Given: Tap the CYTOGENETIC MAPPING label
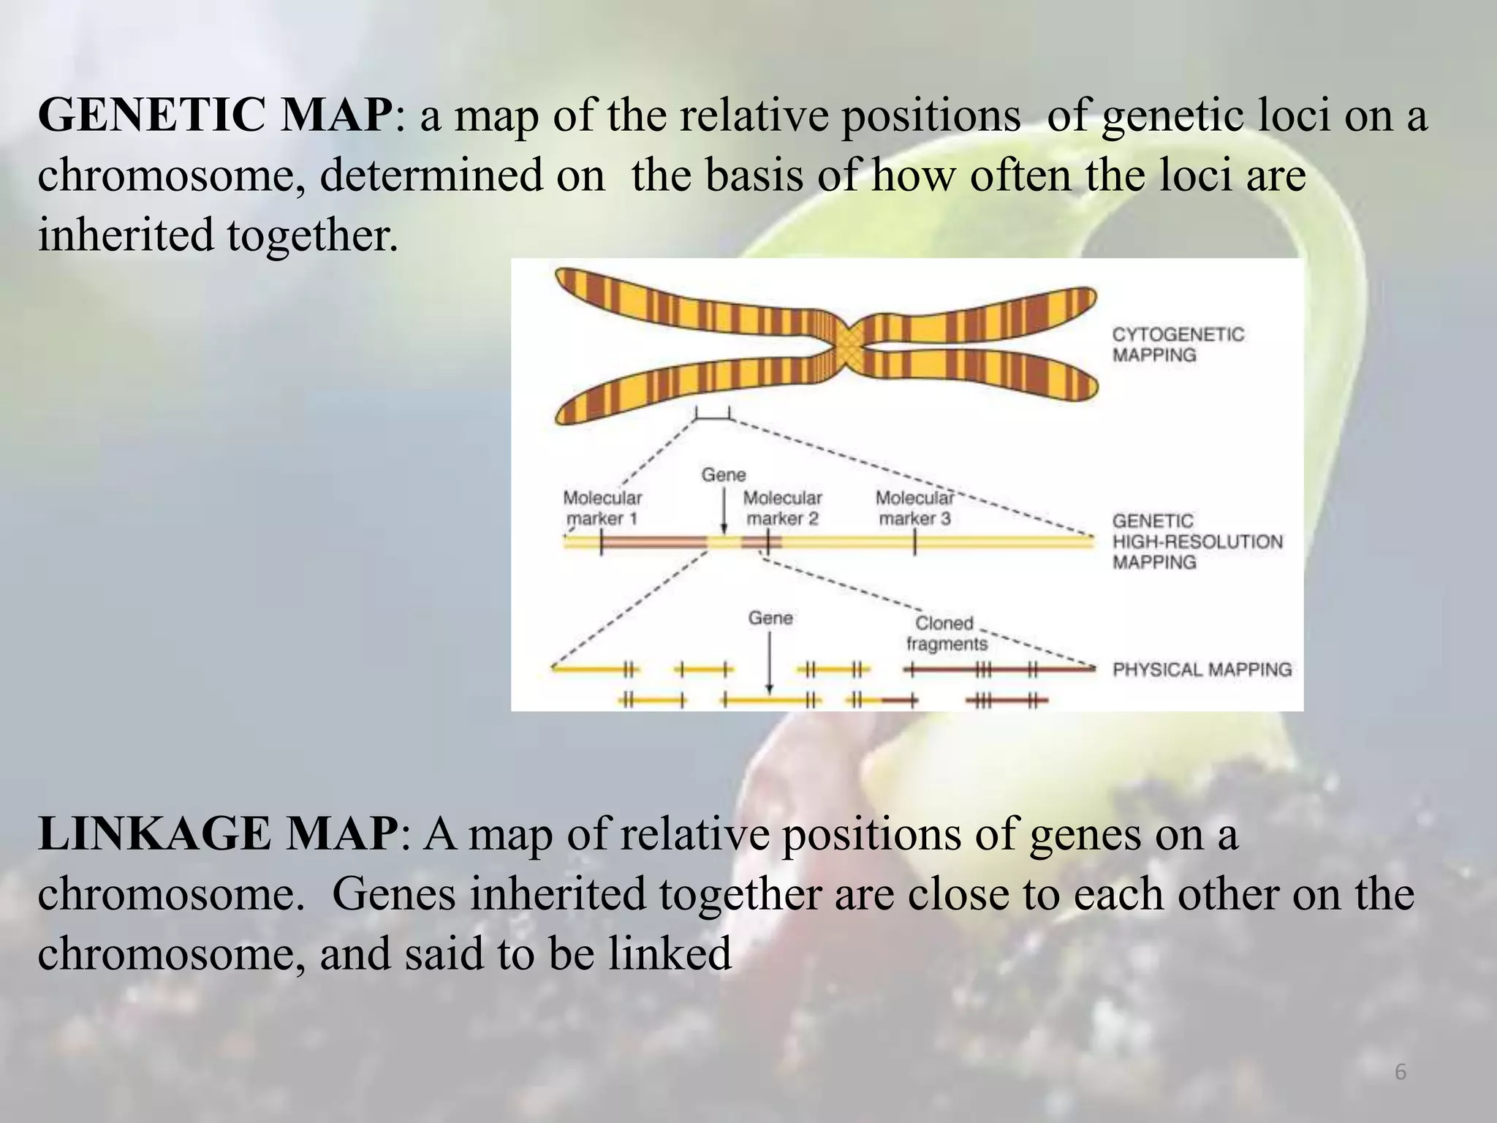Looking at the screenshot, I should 1177,344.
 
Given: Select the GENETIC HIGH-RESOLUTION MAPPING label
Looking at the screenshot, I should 1197,542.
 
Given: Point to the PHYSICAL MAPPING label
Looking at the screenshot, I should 1202,669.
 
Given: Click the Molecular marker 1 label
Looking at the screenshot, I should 602,508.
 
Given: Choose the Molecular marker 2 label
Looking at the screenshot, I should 782,508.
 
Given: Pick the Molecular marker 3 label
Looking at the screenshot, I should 914,508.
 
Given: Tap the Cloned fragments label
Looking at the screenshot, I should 946,633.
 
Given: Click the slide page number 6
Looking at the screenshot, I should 1400,1073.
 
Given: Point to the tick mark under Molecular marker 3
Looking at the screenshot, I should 914,543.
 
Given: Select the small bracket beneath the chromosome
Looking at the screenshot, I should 713,415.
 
